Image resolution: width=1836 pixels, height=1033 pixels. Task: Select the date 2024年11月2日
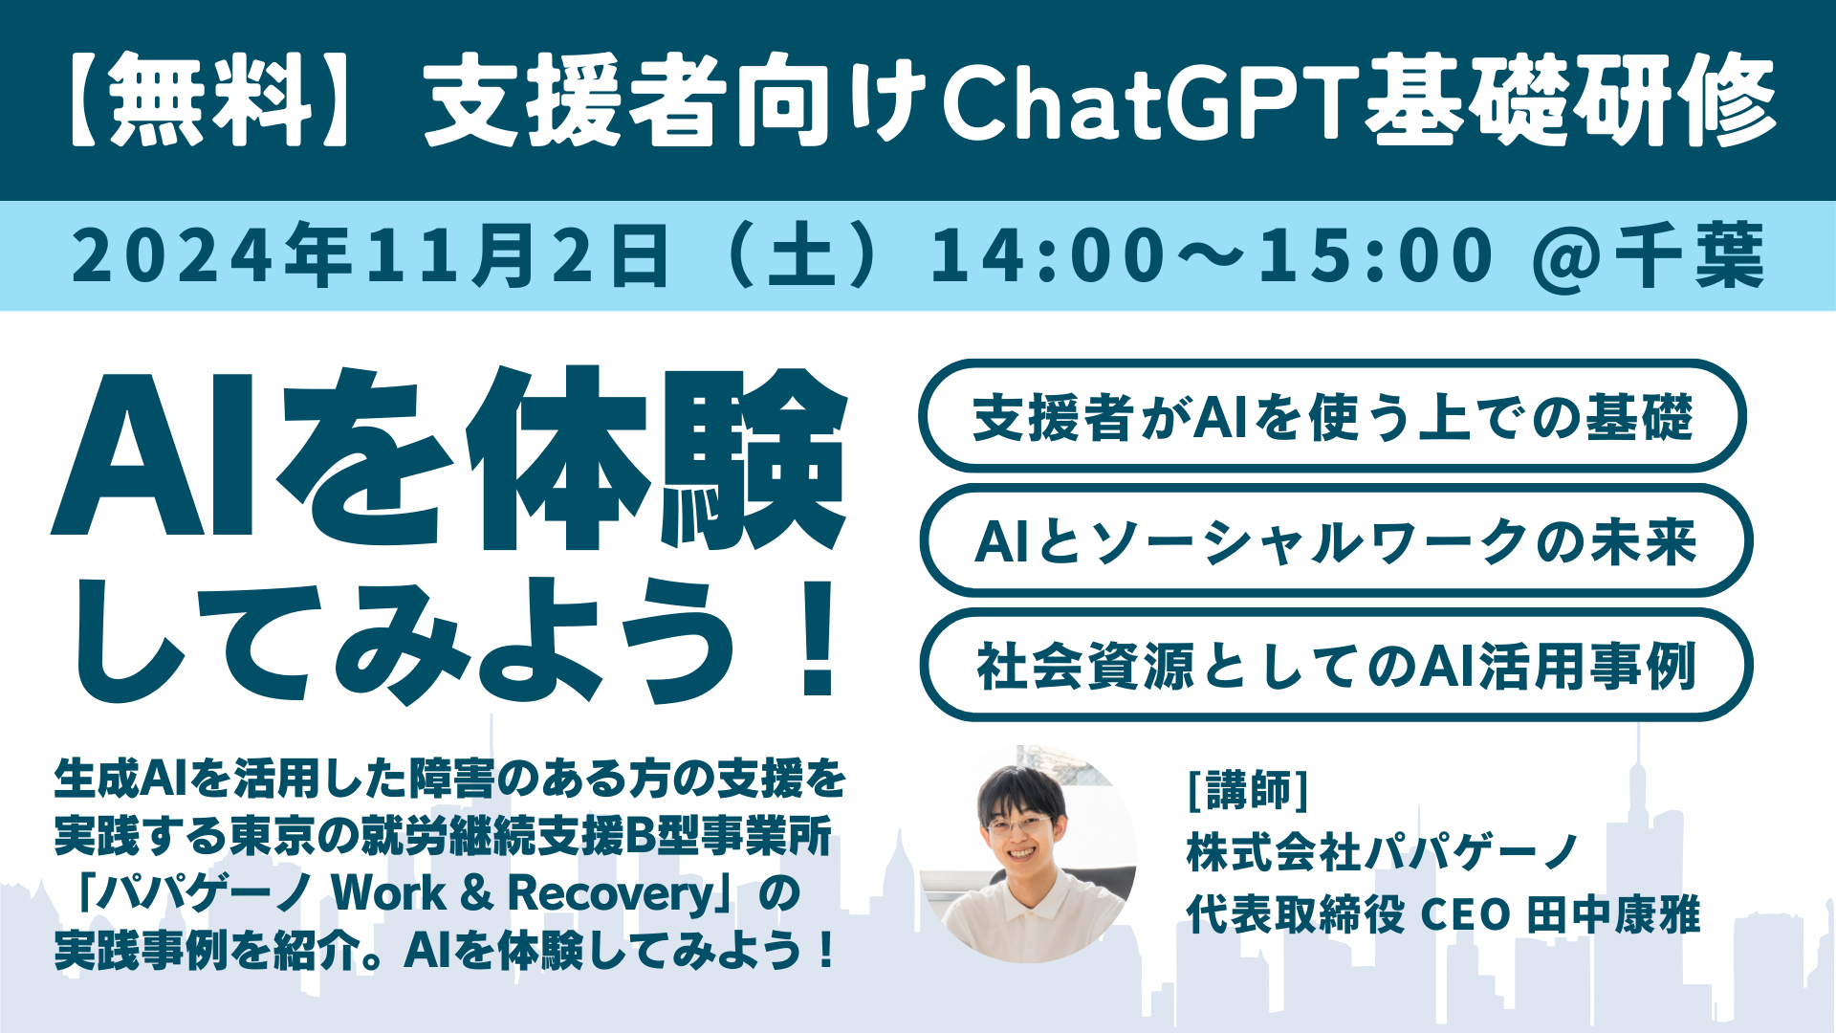[371, 255]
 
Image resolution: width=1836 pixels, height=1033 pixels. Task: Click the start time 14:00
[1048, 255]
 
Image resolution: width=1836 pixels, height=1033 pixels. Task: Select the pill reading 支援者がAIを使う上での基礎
[1332, 416]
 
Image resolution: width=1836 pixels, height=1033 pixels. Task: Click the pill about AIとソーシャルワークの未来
[1336, 540]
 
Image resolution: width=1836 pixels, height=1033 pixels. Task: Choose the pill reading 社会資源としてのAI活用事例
[1336, 665]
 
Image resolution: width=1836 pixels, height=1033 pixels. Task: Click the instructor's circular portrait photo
[1028, 854]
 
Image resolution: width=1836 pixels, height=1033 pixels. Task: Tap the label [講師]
[1247, 789]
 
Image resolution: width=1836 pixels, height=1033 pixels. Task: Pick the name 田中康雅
[1613, 914]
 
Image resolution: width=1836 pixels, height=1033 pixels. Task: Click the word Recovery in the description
[611, 894]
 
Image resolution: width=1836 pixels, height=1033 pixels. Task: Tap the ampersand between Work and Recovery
[476, 893]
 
